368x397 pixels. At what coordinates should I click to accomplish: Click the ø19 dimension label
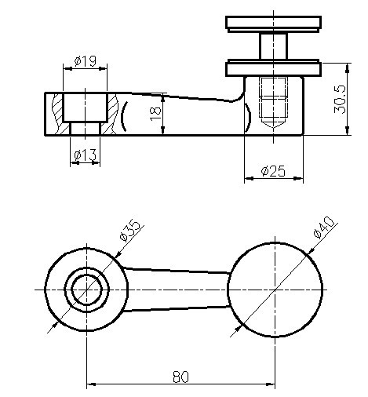click(86, 61)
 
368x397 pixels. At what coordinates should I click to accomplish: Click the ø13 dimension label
click(86, 155)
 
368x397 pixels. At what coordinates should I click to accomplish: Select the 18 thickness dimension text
click(155, 114)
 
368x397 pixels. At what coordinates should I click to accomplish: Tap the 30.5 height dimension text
click(340, 100)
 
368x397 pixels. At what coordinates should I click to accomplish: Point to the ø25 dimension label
click(273, 170)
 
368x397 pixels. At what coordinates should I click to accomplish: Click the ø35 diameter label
click(130, 230)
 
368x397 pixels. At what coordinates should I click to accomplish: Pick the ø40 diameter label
click(323, 227)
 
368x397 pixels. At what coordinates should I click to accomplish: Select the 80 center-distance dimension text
click(180, 377)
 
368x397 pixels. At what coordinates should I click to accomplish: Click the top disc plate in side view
click(273, 23)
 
